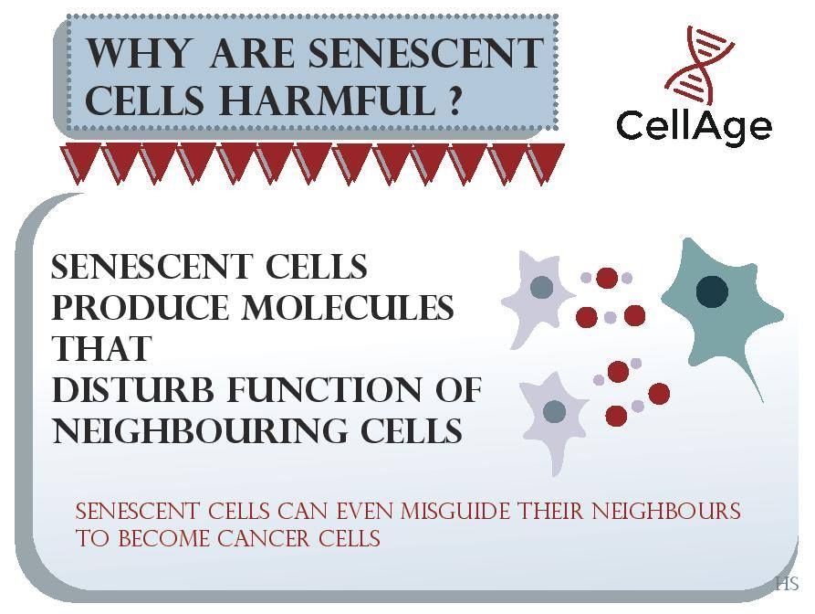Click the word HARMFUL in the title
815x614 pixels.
point(327,100)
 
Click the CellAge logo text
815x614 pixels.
point(694,126)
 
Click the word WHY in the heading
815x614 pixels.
point(138,53)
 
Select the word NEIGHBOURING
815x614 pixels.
point(201,431)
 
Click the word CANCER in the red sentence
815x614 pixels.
point(264,538)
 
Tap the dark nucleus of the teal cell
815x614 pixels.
point(712,291)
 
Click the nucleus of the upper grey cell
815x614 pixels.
point(541,287)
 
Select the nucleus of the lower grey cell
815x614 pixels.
point(554,411)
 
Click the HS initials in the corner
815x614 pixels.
point(787,583)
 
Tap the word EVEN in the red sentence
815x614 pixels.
point(364,511)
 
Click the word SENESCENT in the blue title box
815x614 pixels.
point(425,53)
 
